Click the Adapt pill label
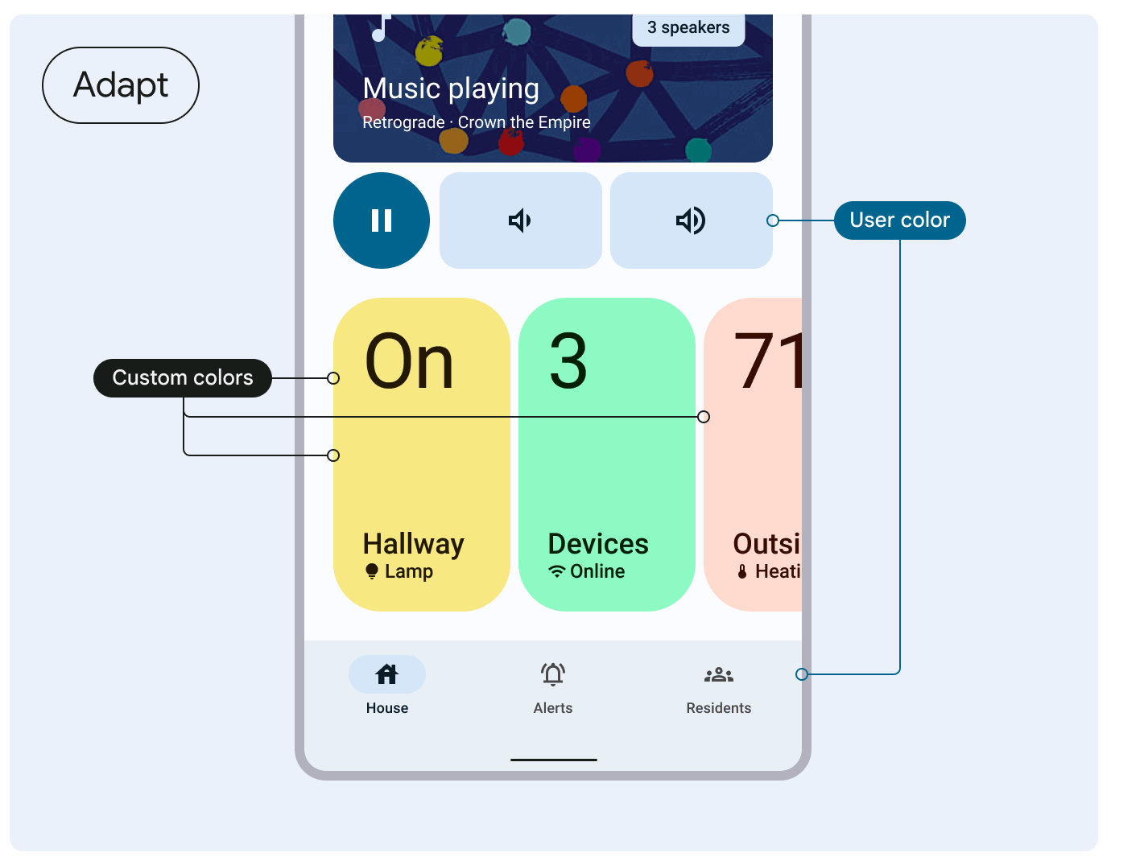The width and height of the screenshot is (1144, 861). (x=121, y=85)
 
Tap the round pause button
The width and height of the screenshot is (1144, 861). (x=382, y=220)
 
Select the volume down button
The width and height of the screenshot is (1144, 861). (x=520, y=220)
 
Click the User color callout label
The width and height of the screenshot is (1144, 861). (x=899, y=220)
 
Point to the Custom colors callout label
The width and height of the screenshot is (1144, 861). (x=183, y=378)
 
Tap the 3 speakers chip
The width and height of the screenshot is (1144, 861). (x=688, y=28)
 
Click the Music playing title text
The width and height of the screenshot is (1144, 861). (x=451, y=89)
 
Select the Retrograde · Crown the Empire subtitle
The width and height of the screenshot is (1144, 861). (x=477, y=122)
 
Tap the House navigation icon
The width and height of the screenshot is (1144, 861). (x=387, y=674)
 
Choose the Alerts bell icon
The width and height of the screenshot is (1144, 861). (x=553, y=674)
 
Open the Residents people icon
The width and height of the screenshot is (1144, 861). (x=719, y=674)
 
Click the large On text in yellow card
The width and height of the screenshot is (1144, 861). (x=409, y=362)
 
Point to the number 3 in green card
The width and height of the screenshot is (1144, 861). (x=568, y=362)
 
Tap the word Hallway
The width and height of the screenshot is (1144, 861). (x=413, y=545)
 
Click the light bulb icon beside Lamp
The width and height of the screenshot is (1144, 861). (x=372, y=571)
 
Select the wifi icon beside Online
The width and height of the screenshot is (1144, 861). (x=557, y=571)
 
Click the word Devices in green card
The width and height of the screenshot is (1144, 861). (x=598, y=545)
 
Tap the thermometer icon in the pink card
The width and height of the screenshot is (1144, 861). (x=742, y=572)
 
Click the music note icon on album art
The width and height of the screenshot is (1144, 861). (x=380, y=29)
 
